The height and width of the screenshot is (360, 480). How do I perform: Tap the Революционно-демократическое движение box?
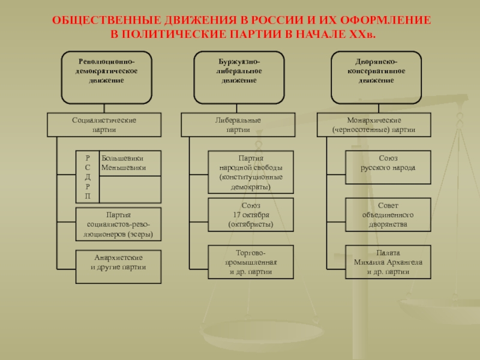click(106, 77)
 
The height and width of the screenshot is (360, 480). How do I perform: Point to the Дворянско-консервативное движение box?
click(376, 77)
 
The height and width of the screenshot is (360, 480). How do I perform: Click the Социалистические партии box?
click(104, 125)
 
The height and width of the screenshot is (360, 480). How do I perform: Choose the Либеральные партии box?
click(238, 125)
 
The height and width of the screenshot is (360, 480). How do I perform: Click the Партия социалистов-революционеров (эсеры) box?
click(119, 224)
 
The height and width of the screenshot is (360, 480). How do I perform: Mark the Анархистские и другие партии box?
click(119, 266)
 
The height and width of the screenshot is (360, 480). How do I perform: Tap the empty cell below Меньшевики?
click(130, 189)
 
